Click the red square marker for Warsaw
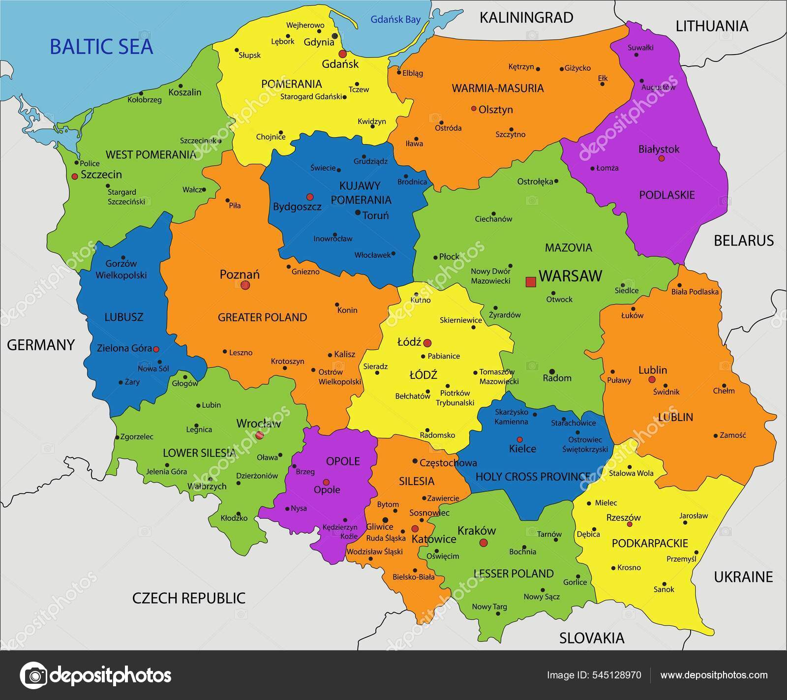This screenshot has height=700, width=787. point(530,282)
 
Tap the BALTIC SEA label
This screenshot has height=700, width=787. point(101,47)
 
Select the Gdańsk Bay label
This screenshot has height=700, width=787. point(395,20)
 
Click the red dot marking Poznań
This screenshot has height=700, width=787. point(245,285)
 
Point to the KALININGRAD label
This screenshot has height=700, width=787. point(526,18)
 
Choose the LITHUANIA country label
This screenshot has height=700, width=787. point(712,26)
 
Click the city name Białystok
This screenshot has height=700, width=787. point(659,149)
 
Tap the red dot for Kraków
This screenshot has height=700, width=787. point(484,542)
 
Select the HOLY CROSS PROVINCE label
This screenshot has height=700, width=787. point(533,476)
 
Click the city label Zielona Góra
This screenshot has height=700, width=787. point(124,348)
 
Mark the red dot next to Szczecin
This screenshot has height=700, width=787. point(74,176)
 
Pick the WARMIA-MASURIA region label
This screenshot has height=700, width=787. point(498,88)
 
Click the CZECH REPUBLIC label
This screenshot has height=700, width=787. point(189,598)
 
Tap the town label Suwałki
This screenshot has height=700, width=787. point(640,48)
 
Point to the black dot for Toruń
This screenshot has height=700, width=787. point(358,213)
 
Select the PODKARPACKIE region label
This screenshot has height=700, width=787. point(650,543)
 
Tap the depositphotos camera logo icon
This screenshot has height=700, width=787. point(34,675)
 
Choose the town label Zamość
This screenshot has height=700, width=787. point(733,435)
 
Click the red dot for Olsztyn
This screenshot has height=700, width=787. point(473,109)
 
